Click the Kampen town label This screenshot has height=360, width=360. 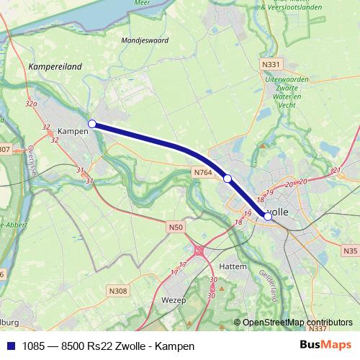coord(72,132)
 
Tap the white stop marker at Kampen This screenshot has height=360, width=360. coord(92,124)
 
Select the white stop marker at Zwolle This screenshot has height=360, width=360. coord(268,215)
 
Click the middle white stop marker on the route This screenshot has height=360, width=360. coord(227,179)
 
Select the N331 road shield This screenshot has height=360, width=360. coord(271,64)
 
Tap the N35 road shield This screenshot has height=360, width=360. coord(350,251)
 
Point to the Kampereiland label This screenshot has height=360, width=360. coord(55,66)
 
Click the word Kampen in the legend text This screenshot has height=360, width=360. coord(179,346)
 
